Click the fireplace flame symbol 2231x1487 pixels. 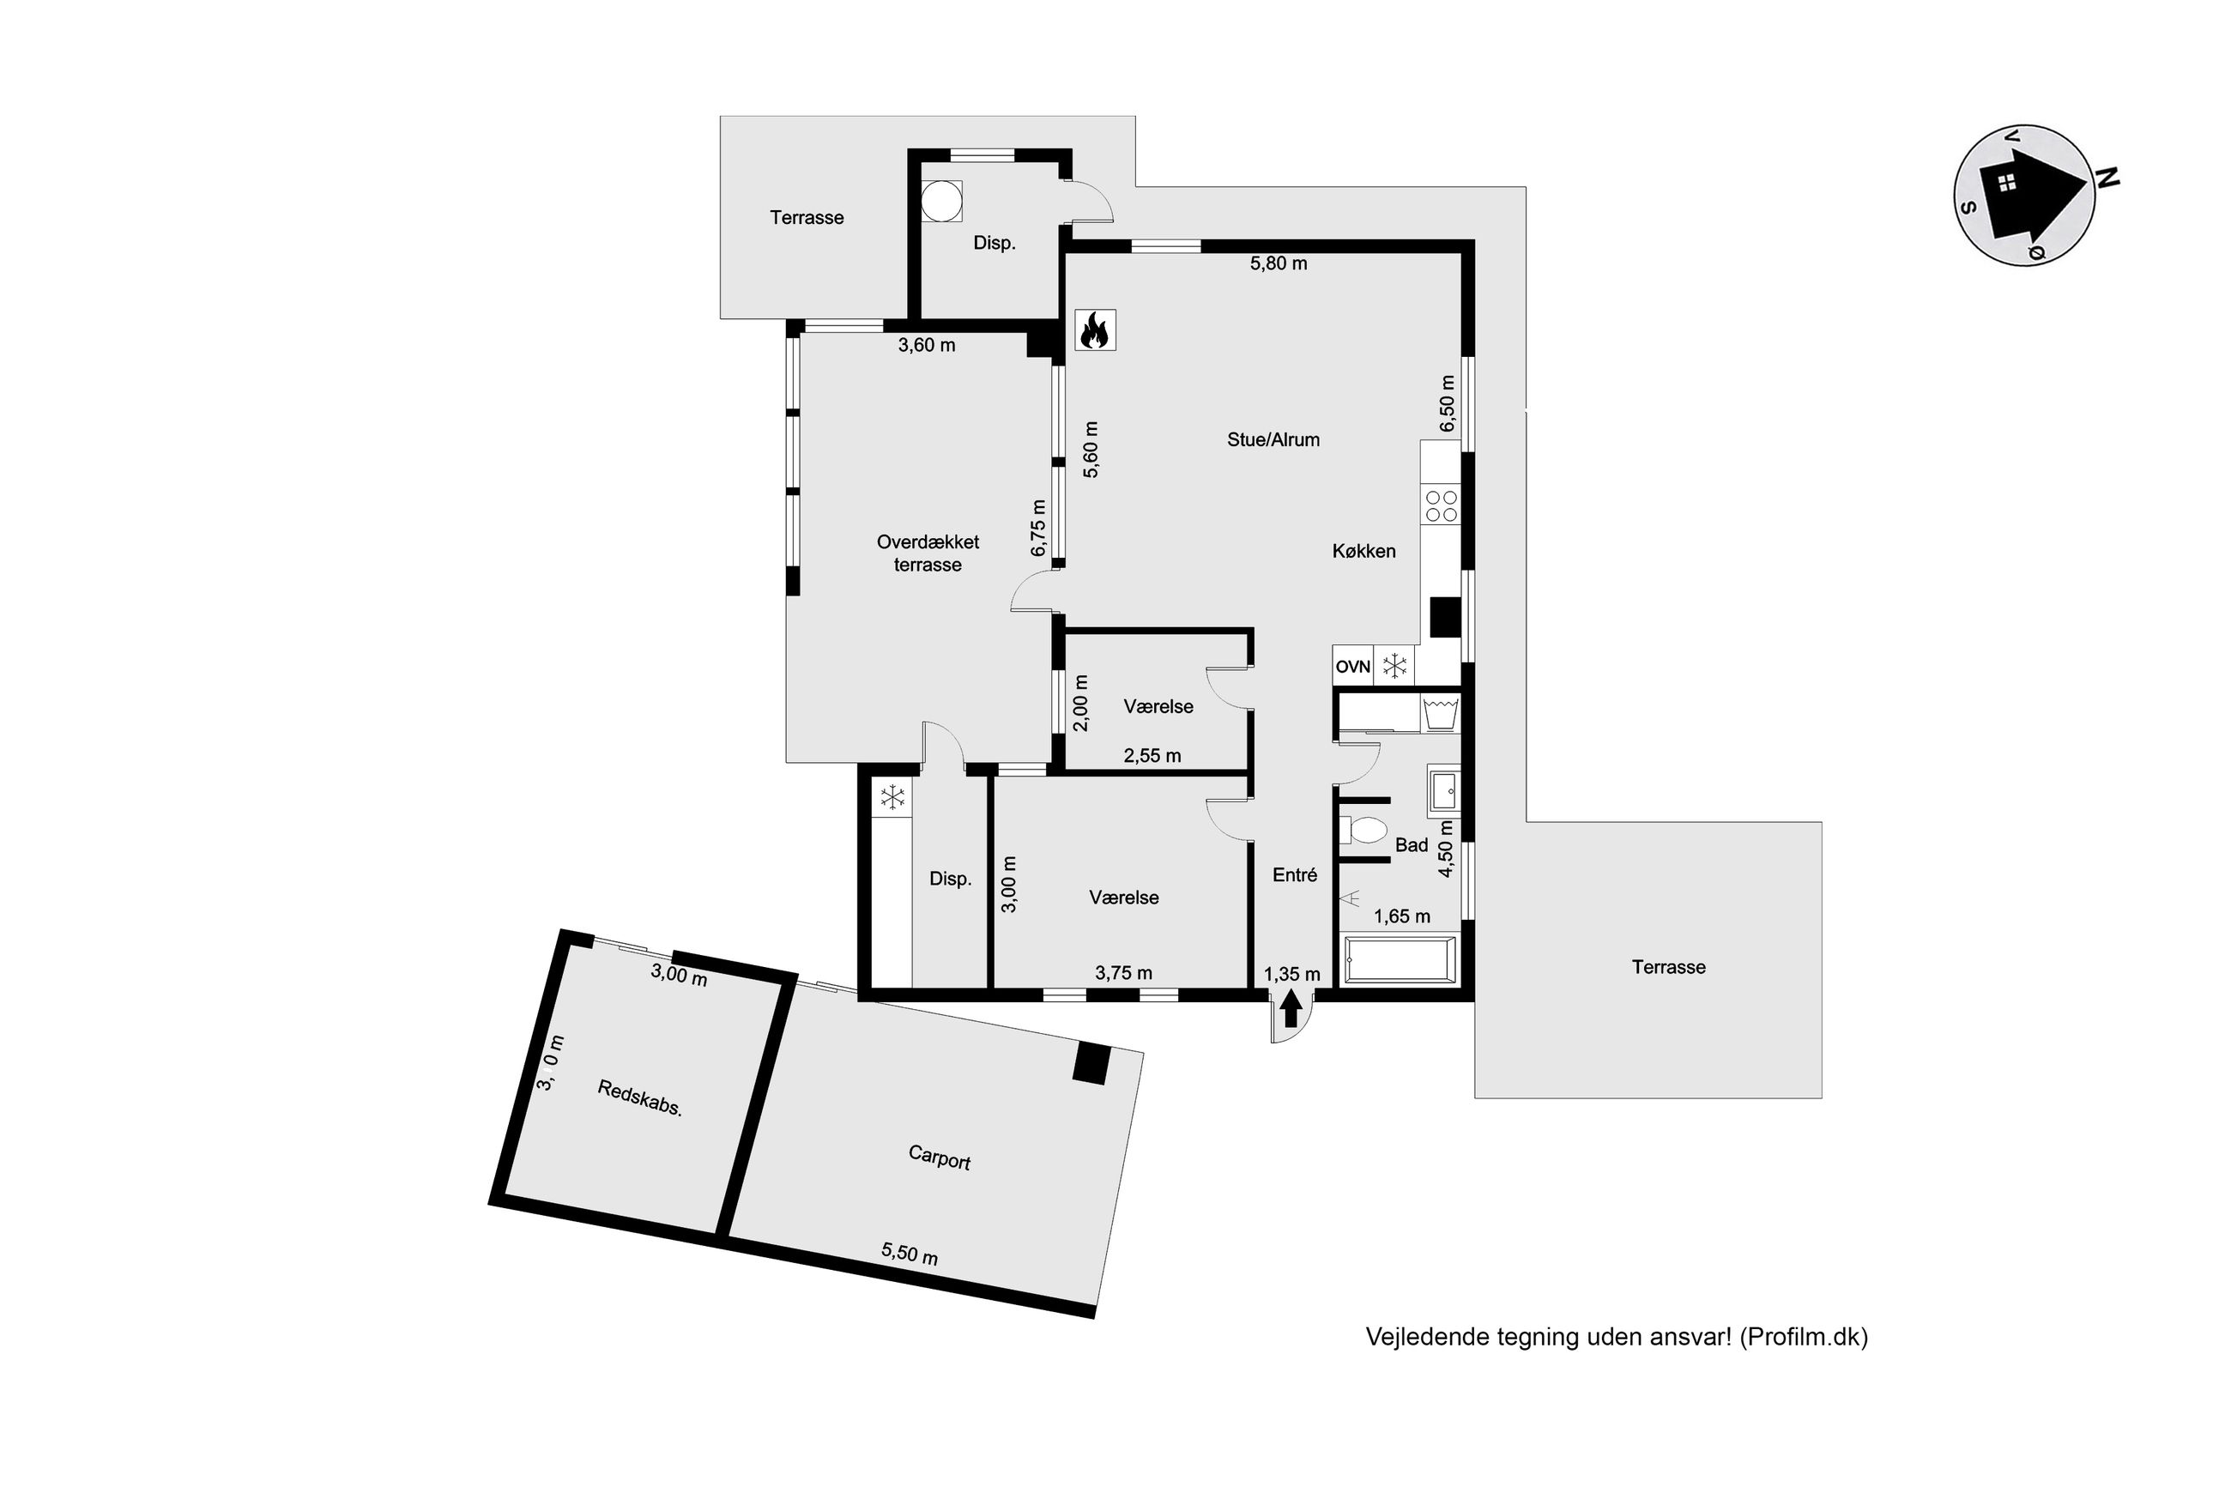(1095, 330)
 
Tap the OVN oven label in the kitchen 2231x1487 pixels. (1352, 667)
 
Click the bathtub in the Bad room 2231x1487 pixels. (1400, 959)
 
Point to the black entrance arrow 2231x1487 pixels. (1290, 1009)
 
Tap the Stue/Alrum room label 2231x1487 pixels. (1273, 439)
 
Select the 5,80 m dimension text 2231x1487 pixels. (1279, 263)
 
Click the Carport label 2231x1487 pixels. (939, 1157)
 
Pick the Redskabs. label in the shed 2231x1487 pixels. (640, 1098)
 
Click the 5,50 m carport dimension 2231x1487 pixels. (910, 1254)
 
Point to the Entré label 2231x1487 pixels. (1294, 875)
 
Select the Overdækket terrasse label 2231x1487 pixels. (928, 553)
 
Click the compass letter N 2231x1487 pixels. (2107, 178)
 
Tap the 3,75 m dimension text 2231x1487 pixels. (1123, 972)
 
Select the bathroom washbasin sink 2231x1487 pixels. (1442, 790)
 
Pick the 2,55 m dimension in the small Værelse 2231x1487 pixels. (1152, 756)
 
